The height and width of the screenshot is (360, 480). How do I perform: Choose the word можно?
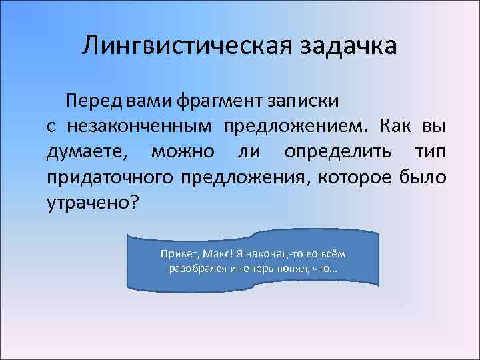click(x=182, y=151)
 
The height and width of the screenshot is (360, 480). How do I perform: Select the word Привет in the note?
click(x=175, y=255)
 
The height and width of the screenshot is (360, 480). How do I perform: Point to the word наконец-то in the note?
click(x=267, y=255)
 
